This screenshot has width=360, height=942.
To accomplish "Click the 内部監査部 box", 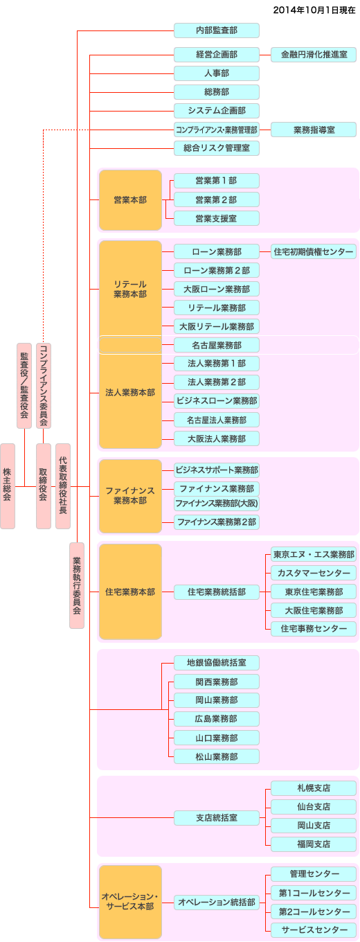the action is click(217, 30).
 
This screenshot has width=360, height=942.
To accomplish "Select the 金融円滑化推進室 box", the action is click(314, 55).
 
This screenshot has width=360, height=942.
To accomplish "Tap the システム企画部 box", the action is click(217, 111).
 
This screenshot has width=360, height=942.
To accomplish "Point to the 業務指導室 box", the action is click(314, 130).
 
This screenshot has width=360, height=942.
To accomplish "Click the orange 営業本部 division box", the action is click(130, 200).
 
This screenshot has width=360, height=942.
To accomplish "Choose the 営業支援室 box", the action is click(217, 219).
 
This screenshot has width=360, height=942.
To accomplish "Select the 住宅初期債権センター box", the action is click(314, 252).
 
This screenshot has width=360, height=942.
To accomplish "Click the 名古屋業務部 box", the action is click(217, 345).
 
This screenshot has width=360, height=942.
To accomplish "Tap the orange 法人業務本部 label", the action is click(130, 393).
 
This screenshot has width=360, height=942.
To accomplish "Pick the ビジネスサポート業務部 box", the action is click(217, 470).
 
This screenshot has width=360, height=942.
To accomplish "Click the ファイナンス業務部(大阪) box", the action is click(217, 504).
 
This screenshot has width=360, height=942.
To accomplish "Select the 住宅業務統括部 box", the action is click(217, 592).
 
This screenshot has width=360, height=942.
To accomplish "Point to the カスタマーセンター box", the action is click(314, 574).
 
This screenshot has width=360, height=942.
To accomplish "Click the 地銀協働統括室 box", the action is click(217, 663).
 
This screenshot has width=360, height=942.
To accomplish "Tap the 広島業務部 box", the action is click(217, 719).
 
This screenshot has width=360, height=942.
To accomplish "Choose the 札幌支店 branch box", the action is click(314, 788).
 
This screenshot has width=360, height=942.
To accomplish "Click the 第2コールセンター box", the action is click(314, 912).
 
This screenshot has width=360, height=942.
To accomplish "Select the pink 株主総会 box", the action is click(8, 486).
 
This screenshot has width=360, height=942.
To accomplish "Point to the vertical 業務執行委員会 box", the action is click(77, 586).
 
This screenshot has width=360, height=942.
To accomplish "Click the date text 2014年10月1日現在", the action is click(314, 10).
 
